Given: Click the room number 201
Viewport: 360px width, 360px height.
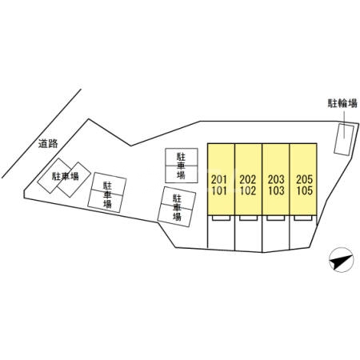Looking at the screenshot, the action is pos(219,179).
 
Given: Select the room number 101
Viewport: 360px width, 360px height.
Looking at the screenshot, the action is pos(219,191).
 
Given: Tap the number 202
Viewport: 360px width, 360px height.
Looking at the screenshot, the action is pos(248,179).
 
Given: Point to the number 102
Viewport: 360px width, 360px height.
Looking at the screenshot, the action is pos(248,191).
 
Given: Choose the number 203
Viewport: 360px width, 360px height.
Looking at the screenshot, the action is pos(276,179).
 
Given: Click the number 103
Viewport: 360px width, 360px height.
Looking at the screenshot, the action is pos(276,191).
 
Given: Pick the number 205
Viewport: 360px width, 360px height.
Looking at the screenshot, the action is pos(304,179).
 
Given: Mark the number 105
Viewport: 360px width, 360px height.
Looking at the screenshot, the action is pos(304,191).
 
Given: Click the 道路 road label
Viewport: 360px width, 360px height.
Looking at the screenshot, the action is pos(48,144).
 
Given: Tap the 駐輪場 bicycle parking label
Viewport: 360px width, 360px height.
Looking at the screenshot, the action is pos(342,103).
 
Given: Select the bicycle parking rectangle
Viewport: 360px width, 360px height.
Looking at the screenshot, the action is pos(344,139).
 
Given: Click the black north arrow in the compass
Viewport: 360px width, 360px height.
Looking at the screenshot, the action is pos(341,262).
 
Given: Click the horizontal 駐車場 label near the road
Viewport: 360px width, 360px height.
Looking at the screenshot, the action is pos(66,176).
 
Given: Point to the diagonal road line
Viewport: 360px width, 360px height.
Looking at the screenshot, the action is pos(42,134).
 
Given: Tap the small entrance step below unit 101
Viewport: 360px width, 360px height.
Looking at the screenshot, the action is pos(221,218).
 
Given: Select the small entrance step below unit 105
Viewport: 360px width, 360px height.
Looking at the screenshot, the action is pos(303,218).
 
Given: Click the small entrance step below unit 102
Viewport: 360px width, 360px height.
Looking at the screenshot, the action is pos(248,218).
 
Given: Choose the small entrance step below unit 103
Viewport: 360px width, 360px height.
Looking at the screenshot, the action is pos(276,218).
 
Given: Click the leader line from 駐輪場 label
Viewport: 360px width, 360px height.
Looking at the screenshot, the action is pos(344,125).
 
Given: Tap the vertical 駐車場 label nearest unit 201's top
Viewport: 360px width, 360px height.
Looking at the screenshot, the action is pos(181,166).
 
